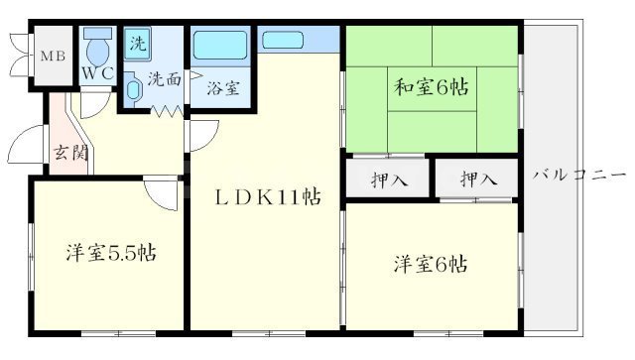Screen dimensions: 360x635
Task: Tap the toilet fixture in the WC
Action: pyautogui.click(x=97, y=48)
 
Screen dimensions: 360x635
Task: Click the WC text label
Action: pyautogui.click(x=97, y=75)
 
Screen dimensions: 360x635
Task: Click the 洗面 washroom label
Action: pyautogui.click(x=165, y=78)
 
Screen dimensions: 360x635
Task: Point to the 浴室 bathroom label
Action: pyautogui.click(x=222, y=87)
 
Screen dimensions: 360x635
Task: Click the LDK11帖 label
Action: pyautogui.click(x=268, y=196)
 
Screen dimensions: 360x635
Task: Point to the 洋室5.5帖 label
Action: pyautogui.click(x=109, y=252)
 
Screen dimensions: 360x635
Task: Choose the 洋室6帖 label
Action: pyautogui.click(x=431, y=265)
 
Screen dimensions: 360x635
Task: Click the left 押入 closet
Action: pyautogui.click(x=387, y=180)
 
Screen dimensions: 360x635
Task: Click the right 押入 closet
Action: pyautogui.click(x=478, y=180)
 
